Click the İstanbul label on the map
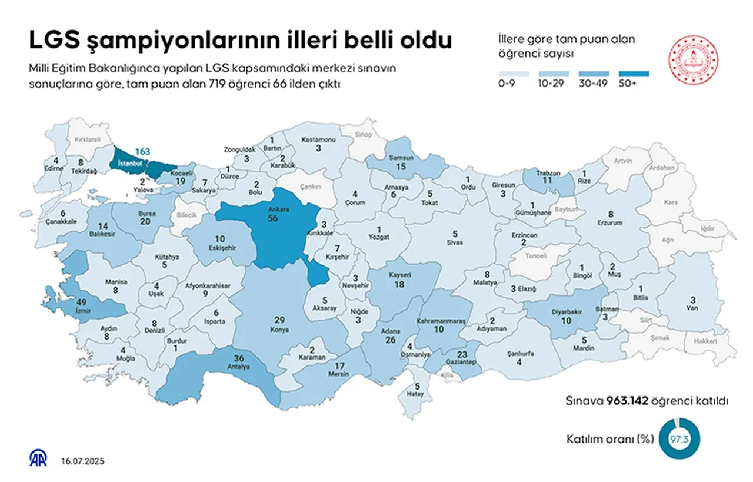click(x=131, y=162)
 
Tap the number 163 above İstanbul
click(x=142, y=151)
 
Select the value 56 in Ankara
click(x=272, y=218)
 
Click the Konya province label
click(x=280, y=330)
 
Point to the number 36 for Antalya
click(x=239, y=358)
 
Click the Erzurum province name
click(x=610, y=224)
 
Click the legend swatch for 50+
click(x=634, y=74)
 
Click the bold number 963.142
click(x=627, y=401)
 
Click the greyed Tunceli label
click(x=536, y=257)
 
